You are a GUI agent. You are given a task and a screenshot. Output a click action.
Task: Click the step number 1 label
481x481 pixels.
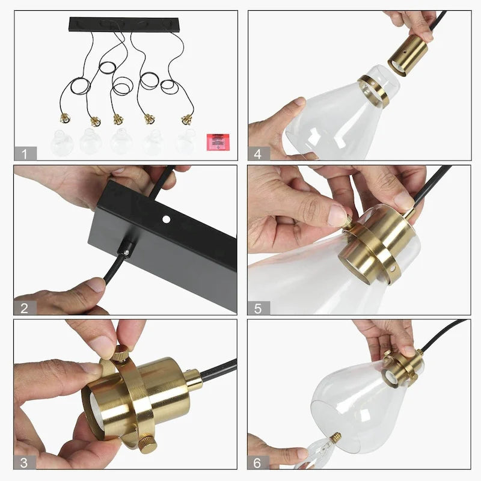(x=25, y=153)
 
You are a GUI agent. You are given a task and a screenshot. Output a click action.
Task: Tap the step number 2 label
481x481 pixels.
(x=25, y=308)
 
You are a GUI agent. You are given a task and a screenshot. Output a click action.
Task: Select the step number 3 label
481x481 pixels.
(x=25, y=462)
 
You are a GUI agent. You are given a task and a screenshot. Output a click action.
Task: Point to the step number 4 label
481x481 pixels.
(x=259, y=153)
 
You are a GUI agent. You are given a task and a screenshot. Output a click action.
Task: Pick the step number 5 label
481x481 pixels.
(x=259, y=308)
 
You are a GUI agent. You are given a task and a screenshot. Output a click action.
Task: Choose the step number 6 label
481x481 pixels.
(x=259, y=462)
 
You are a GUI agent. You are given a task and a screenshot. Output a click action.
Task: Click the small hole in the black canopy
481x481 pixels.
(x=165, y=221)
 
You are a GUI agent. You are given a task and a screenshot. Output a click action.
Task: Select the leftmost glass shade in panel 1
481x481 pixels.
(x=62, y=143)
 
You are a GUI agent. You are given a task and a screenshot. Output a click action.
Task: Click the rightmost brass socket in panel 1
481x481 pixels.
(x=187, y=119)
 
